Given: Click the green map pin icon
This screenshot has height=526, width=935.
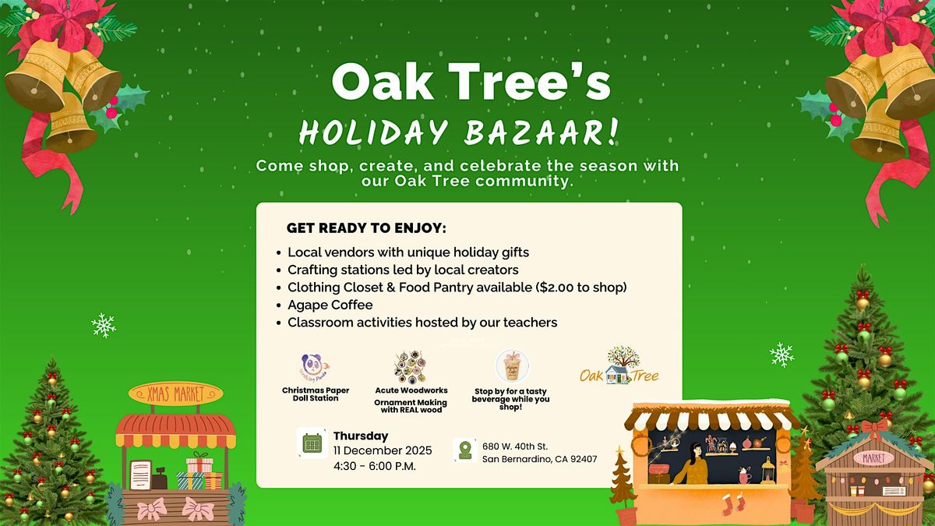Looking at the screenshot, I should coord(465,450).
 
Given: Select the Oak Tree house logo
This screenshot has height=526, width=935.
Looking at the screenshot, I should coord(619,367).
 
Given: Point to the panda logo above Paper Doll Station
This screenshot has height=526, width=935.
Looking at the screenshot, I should coord(315,366).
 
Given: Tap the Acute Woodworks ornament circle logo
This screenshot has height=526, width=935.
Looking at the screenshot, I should coord(410,367).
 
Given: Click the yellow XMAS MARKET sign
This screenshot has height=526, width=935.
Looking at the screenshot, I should coord(165,394).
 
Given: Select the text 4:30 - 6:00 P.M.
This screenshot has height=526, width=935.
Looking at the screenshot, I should coord(374,466).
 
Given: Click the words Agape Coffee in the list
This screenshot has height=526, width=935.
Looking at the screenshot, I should coord(330,305).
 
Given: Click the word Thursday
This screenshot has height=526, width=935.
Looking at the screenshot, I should coord(360,436).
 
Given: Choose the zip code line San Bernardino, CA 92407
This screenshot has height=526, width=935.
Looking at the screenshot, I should coord(539,459).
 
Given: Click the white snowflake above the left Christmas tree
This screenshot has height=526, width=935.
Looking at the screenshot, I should coord(104,324).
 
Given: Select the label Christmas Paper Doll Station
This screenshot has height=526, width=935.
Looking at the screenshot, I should coord(316,394).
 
